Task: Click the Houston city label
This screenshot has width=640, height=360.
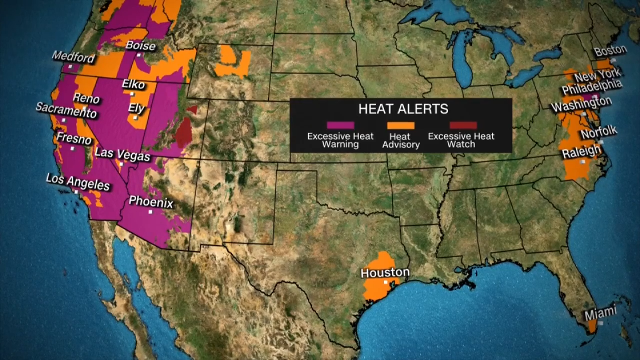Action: pyautogui.click(x=385, y=272)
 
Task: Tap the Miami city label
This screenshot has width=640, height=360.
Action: pyautogui.click(x=600, y=313)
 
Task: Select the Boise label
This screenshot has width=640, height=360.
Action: pyautogui.click(x=140, y=46)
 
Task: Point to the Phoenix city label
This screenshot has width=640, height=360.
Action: pyautogui.click(x=151, y=202)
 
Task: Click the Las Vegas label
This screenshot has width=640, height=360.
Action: pyautogui.click(x=122, y=154)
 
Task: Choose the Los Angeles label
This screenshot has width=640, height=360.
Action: pyautogui.click(x=77, y=181)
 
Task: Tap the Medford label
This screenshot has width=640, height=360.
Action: pyautogui.click(x=73, y=56)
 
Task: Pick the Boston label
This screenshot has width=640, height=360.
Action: pyautogui.click(x=610, y=50)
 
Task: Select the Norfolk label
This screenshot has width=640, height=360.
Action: pyautogui.click(x=599, y=133)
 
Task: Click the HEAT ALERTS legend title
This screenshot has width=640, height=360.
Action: pyautogui.click(x=403, y=109)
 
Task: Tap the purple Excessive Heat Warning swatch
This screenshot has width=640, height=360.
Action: pyautogui.click(x=340, y=125)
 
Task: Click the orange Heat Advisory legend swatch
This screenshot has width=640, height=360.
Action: pyautogui.click(x=400, y=125)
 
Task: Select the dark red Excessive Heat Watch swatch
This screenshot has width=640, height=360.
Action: pyautogui.click(x=463, y=125)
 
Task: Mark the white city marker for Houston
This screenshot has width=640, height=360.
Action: pyautogui.click(x=385, y=282)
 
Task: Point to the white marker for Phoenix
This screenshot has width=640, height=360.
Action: pyautogui.click(x=149, y=212)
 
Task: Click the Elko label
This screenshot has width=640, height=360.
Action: pyautogui.click(x=133, y=84)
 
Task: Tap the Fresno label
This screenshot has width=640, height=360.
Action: pyautogui.click(x=74, y=138)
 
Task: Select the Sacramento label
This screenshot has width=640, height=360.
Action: pyautogui.click(x=65, y=110)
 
